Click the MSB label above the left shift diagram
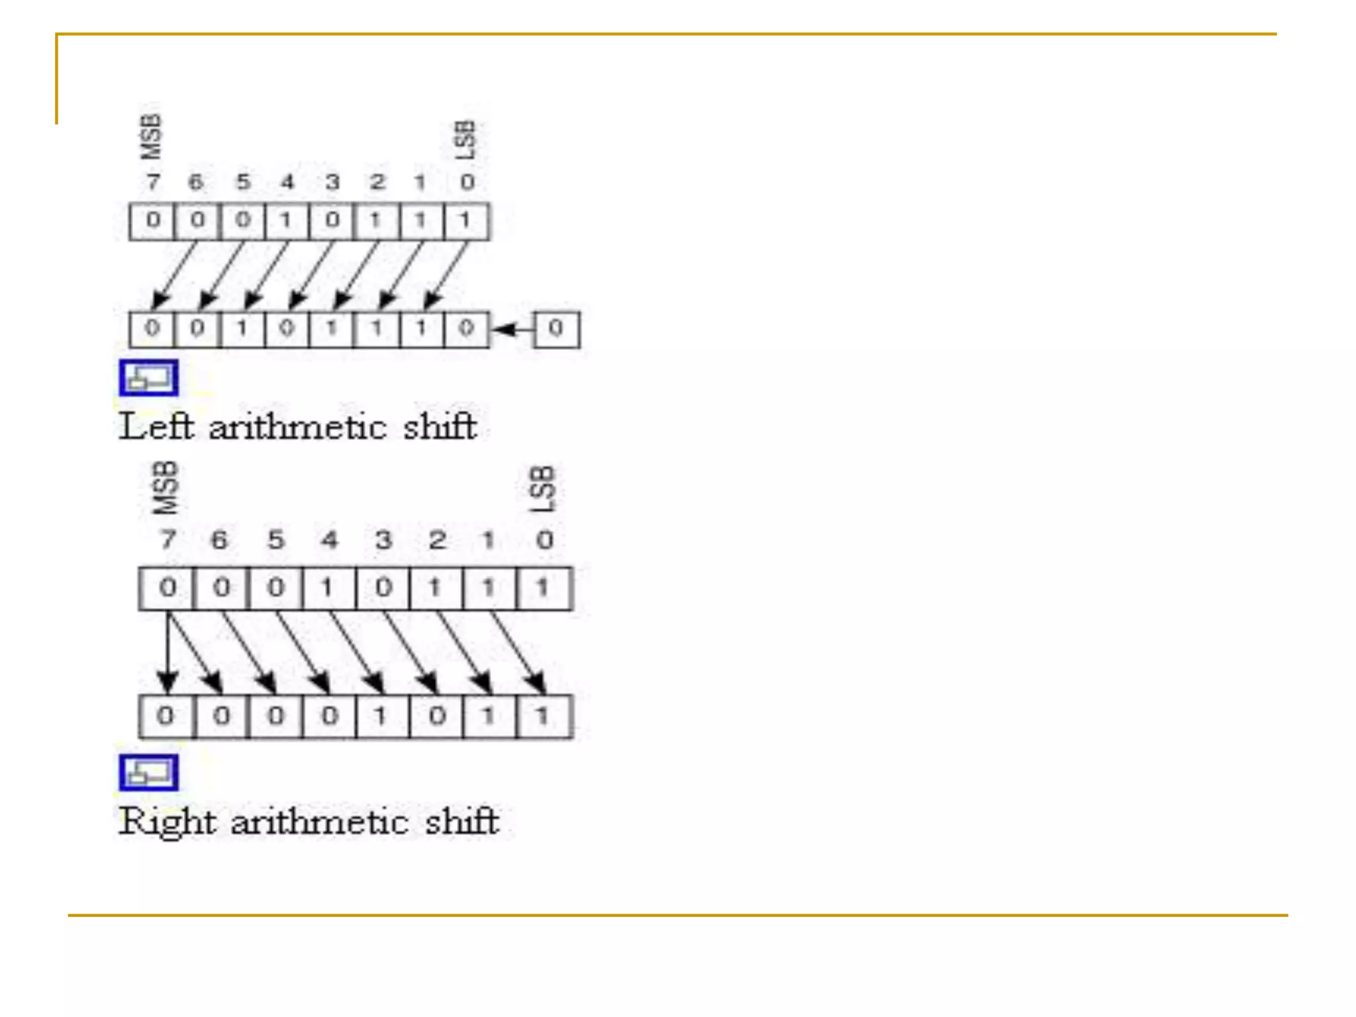(x=151, y=136)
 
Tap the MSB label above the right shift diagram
(x=166, y=488)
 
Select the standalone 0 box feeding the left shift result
(x=556, y=328)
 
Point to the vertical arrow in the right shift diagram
(x=168, y=652)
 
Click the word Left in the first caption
(x=156, y=426)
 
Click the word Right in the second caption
(x=168, y=822)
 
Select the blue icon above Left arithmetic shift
(x=148, y=378)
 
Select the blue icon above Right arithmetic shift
(x=148, y=773)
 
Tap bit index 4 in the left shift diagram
(x=287, y=182)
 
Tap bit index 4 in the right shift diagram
(x=329, y=540)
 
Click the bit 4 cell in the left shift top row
(x=287, y=220)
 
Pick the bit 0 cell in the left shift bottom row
(x=466, y=329)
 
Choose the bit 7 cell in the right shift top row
(x=168, y=588)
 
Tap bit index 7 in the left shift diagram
(x=153, y=182)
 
